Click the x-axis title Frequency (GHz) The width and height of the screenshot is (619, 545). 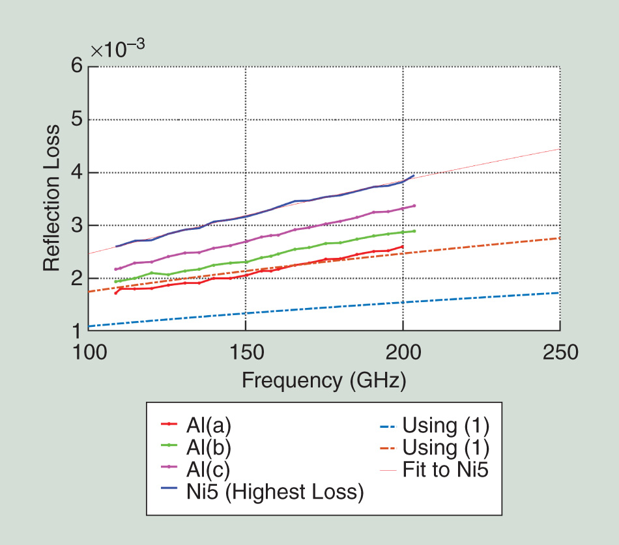coord(324,380)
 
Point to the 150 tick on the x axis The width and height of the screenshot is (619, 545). coord(246,352)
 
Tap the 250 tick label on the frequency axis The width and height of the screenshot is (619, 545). coord(560,352)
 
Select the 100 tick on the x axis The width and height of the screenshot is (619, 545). coord(88,352)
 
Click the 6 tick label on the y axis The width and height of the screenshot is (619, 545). coord(77,66)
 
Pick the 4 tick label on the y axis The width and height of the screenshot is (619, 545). coord(77,173)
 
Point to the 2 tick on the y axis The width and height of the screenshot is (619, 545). coord(77,278)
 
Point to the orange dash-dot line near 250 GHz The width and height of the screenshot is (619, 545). coord(547,240)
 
